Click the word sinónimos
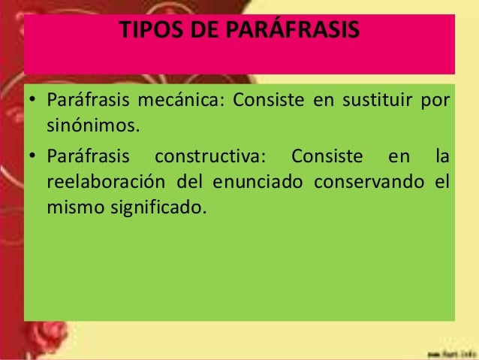94,124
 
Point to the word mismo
72,204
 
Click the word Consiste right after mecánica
267,101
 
